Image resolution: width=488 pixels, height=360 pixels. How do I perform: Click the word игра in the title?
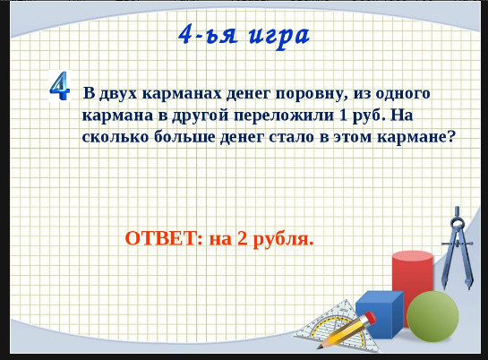(x=279, y=36)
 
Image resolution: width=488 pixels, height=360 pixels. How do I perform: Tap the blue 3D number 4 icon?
(x=59, y=86)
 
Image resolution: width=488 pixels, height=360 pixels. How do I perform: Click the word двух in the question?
(x=118, y=94)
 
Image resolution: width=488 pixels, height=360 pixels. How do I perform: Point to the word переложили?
(x=284, y=116)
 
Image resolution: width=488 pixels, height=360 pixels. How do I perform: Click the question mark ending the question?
(x=451, y=136)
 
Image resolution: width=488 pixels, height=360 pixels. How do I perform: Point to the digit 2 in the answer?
(x=242, y=238)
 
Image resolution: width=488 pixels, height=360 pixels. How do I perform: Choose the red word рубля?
(x=283, y=240)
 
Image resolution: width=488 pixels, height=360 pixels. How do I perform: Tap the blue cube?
(x=380, y=314)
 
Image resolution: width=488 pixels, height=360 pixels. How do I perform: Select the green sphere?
(x=432, y=317)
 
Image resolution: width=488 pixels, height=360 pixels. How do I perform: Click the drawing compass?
(x=458, y=248)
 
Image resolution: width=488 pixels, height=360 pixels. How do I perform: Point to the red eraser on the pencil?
(x=370, y=317)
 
